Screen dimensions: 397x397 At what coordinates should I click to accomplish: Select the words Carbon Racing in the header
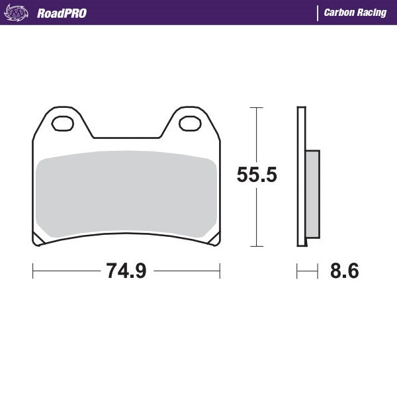355,13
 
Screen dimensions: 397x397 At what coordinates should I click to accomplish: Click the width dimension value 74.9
126,271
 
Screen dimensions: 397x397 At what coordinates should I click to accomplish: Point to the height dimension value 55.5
257,175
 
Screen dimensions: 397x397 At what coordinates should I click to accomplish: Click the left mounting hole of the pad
64,124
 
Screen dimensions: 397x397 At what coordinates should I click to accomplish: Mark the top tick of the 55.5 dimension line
257,107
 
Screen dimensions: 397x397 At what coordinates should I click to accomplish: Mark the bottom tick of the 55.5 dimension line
257,246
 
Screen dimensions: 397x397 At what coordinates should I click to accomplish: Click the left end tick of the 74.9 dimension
33,271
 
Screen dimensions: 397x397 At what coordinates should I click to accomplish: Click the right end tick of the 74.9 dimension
220,271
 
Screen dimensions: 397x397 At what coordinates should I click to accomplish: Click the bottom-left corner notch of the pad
38,239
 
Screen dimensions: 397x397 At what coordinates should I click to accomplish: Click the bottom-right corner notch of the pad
214,239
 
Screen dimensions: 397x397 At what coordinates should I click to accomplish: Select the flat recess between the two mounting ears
126,138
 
